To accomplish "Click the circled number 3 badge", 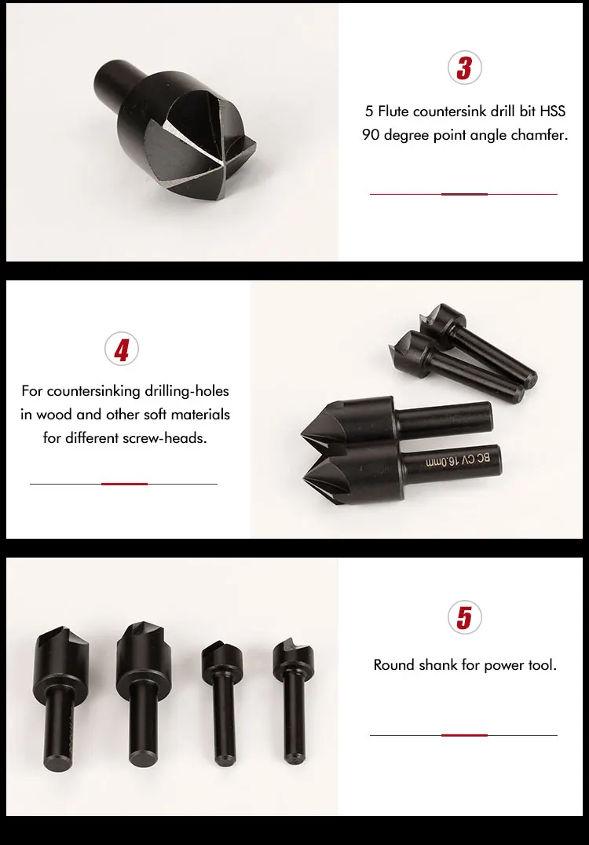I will (x=463, y=68).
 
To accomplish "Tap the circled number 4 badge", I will (x=121, y=349).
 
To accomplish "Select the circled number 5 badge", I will (x=463, y=617).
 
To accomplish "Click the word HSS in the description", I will (x=552, y=112).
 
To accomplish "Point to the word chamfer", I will (x=539, y=135).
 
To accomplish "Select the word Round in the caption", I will (x=393, y=665).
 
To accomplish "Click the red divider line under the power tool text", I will (x=464, y=735).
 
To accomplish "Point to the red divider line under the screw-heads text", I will (x=124, y=484).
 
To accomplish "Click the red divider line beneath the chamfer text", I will (x=464, y=194).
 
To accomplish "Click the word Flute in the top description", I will (x=399, y=112).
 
